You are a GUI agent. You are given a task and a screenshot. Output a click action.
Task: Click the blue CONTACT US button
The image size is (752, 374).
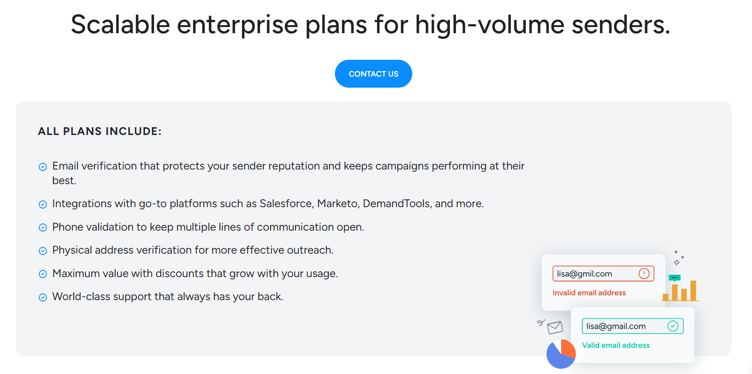[373, 74]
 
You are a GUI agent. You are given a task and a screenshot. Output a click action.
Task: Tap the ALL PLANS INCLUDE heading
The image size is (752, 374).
[100, 131]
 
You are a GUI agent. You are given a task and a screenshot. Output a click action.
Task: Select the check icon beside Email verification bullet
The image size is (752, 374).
[43, 167]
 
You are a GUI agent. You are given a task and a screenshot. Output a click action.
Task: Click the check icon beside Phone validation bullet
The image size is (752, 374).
[43, 227]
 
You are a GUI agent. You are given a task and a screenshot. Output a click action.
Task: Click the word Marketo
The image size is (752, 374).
[338, 204]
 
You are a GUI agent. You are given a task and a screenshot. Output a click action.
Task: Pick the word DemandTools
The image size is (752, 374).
[396, 204]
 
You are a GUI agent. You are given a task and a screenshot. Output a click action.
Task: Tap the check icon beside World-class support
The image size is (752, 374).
[43, 297]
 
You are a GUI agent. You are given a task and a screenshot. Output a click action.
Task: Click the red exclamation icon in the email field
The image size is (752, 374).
[644, 274]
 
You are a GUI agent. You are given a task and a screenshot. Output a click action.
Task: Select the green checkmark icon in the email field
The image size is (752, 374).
[673, 326]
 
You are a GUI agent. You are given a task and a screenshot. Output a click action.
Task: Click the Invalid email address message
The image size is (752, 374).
[589, 293]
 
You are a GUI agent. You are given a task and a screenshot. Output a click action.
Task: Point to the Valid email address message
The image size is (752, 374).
[615, 345]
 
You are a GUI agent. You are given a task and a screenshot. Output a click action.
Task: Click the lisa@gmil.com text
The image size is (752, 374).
[584, 274]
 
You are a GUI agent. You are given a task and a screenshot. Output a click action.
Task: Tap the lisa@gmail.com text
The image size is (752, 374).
[616, 326]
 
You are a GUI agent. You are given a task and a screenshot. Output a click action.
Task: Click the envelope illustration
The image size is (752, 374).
[555, 328]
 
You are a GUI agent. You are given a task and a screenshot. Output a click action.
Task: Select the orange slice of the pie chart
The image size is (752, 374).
[567, 349]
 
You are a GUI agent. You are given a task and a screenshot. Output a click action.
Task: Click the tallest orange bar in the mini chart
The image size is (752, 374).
[693, 291]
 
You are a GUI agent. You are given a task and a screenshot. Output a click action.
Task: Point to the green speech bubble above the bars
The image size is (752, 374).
[675, 278]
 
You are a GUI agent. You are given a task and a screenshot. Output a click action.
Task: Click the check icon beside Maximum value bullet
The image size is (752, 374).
[43, 274]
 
